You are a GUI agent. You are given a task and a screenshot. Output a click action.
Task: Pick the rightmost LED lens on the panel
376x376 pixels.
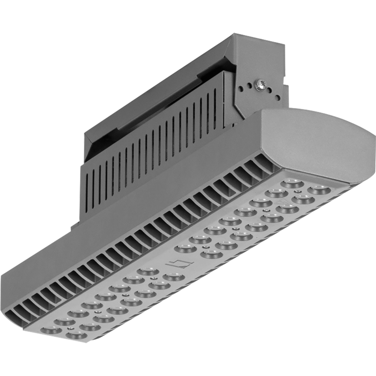(320, 189)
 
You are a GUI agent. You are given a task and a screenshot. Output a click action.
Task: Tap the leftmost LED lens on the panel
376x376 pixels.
(50, 329)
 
